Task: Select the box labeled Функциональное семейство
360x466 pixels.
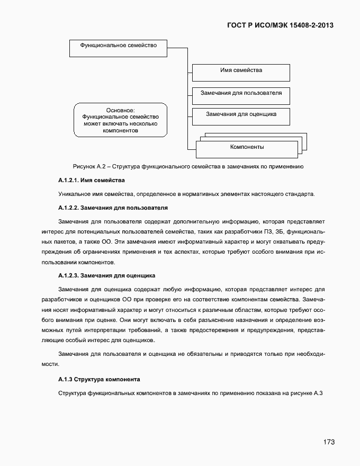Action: (x=118, y=47)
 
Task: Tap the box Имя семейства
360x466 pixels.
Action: (x=241, y=71)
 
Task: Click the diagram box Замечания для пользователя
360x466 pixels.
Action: (x=241, y=94)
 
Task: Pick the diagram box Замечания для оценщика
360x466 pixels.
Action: (x=241, y=115)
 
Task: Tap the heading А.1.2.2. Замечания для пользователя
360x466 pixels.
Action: (x=113, y=207)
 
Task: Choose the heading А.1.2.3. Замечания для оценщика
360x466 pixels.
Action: (x=106, y=275)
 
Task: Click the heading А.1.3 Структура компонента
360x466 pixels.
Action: (x=99, y=380)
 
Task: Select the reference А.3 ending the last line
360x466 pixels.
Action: (x=318, y=393)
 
